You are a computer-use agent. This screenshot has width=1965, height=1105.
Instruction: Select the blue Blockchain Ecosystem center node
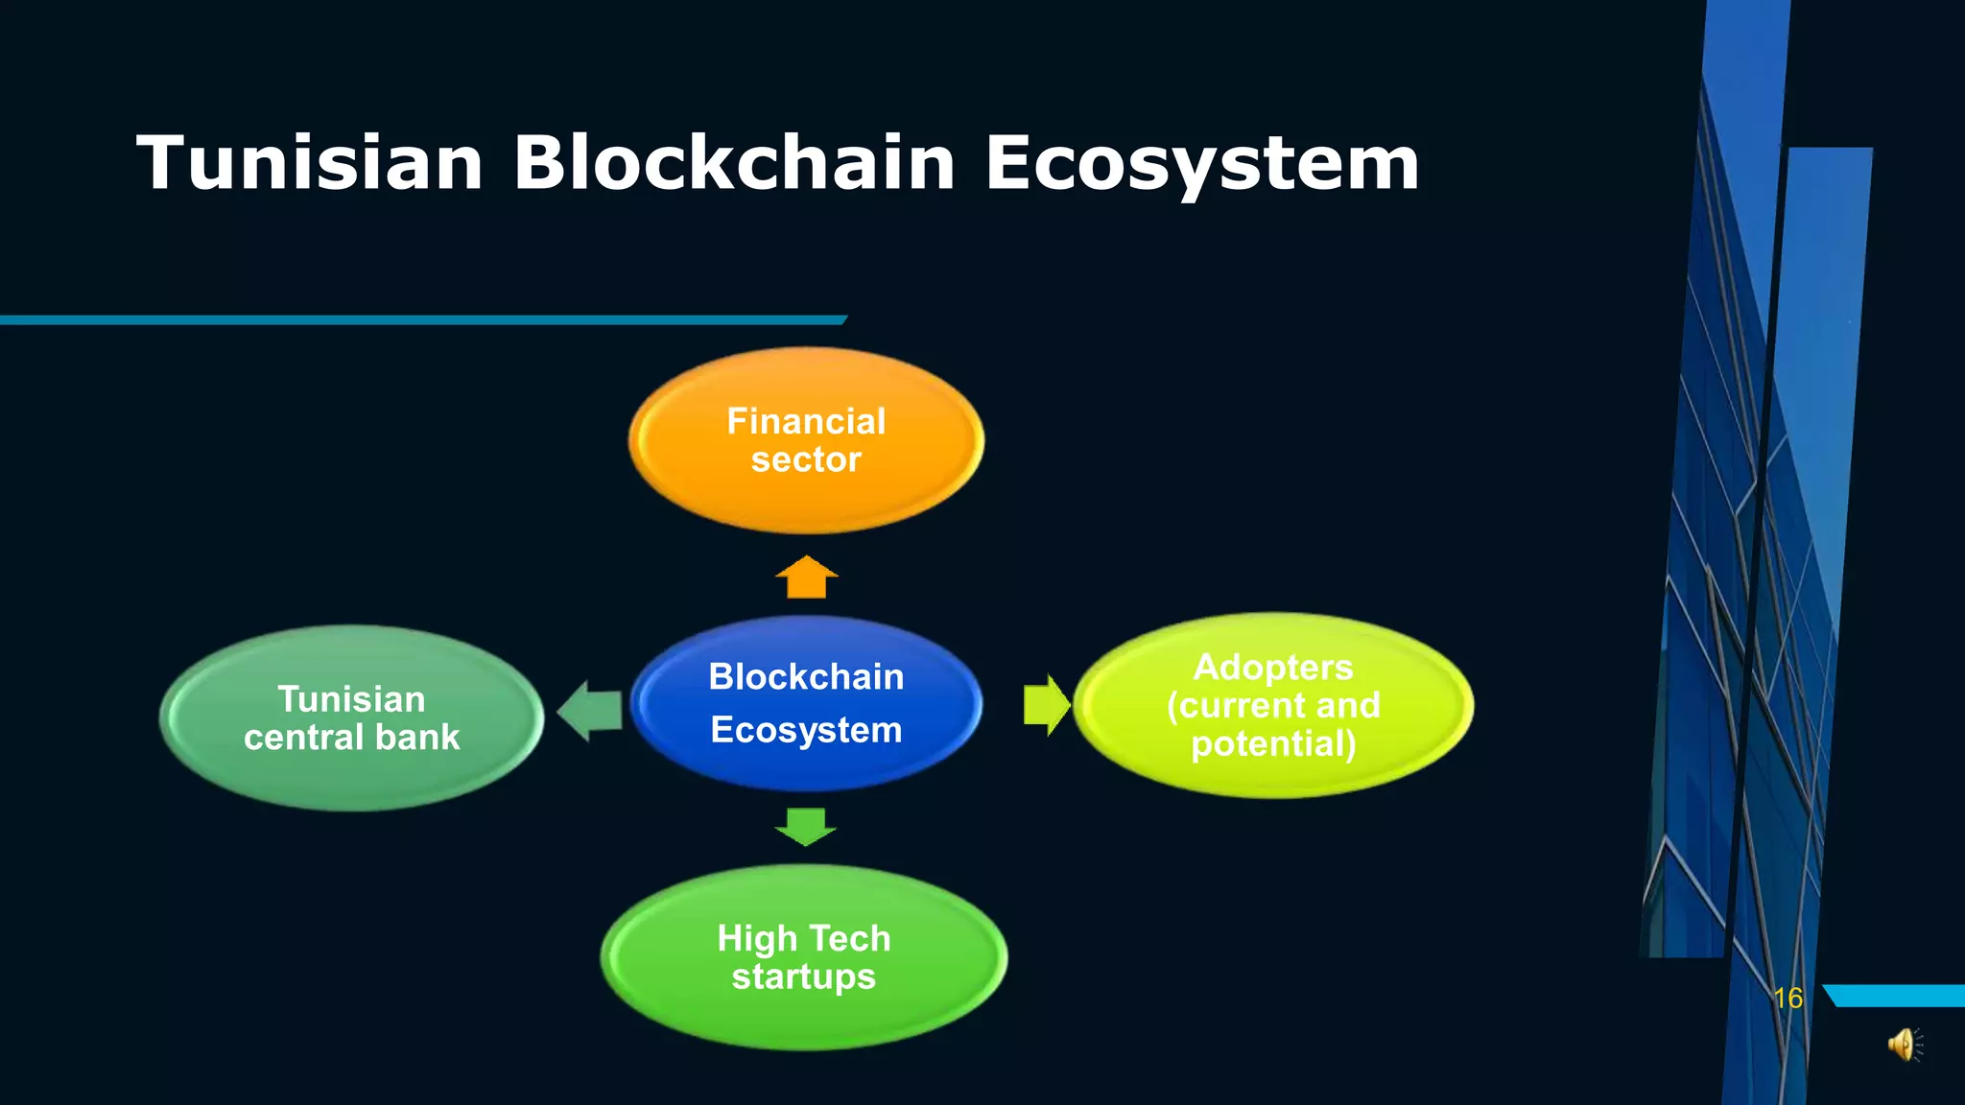806,703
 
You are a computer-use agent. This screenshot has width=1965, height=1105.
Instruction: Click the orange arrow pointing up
806,577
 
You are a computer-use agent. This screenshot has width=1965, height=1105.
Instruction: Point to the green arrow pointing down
806,826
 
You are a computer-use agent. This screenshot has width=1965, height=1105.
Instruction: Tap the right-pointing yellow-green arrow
1046,705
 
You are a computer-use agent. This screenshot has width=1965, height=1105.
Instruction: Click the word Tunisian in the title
310,163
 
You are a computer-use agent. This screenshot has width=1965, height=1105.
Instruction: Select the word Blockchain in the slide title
734,163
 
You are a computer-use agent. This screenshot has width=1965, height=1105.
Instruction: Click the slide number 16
1787,999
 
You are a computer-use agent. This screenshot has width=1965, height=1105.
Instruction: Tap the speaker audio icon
1904,1045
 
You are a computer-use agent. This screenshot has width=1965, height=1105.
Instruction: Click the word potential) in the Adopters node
1273,744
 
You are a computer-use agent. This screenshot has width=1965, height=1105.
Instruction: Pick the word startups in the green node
804,977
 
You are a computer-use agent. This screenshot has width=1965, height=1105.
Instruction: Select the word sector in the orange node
806,460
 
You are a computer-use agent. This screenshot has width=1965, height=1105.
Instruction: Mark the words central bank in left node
351,738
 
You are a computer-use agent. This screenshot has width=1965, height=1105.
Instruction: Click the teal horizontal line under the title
422,319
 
